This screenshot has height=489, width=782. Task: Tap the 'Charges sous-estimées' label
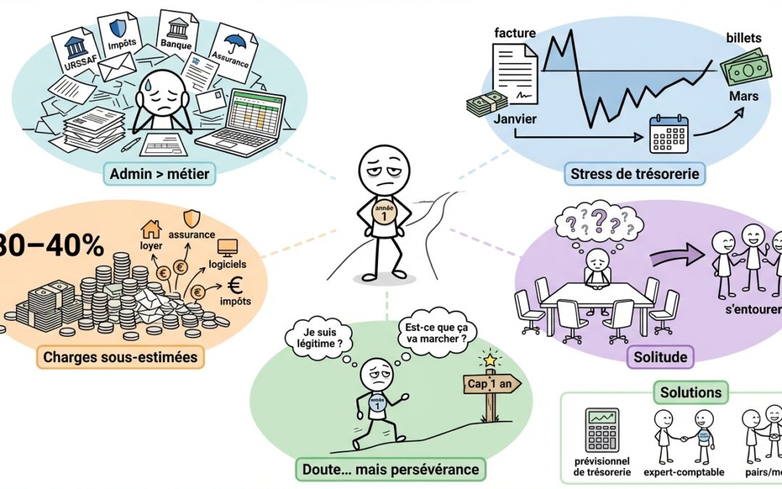(x=120, y=357)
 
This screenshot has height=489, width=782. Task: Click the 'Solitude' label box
(x=660, y=357)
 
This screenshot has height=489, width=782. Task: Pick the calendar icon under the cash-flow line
(x=668, y=133)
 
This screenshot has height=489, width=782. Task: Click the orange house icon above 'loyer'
(x=151, y=230)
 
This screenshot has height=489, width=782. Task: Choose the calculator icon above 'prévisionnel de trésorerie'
(x=602, y=430)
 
